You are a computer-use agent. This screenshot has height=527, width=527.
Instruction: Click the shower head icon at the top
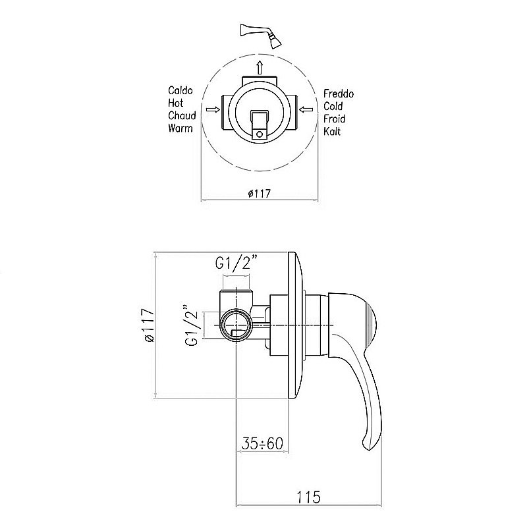coord(261,36)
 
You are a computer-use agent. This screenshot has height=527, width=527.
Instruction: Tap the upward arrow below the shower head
coord(259,68)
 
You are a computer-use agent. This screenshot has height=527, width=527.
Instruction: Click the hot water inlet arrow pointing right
coord(213,109)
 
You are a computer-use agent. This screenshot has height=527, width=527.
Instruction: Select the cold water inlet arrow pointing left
coord(306,109)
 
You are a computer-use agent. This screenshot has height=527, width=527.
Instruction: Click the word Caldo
coord(180,90)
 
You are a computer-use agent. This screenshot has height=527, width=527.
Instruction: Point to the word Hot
coord(175,103)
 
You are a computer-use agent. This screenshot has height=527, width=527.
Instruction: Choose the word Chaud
coord(182,116)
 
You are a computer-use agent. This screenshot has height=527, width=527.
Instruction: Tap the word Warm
coord(180,128)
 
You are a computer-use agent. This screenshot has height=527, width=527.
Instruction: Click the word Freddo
coord(339,94)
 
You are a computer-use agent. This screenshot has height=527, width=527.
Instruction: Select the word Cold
coord(333,106)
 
